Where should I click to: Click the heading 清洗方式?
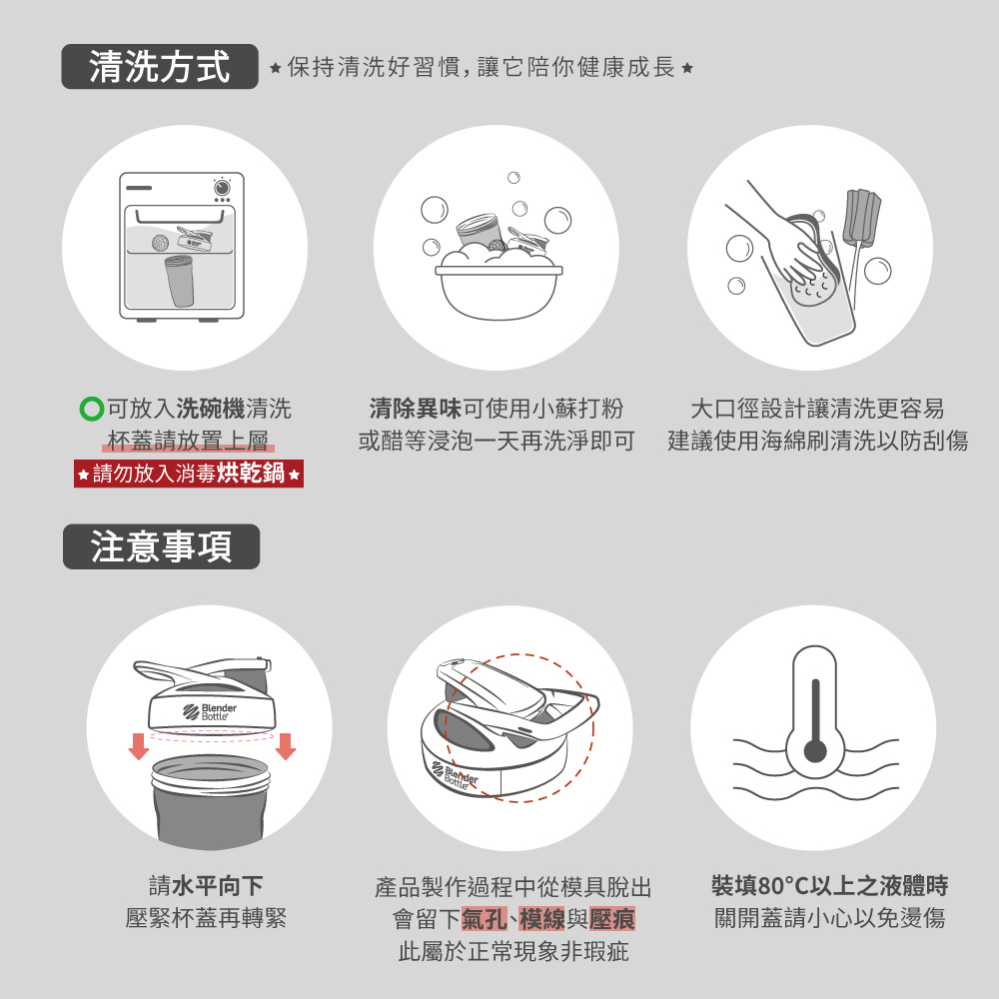[x=159, y=66]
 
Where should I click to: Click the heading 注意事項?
[x=161, y=546]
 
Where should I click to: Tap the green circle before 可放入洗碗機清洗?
[x=92, y=409]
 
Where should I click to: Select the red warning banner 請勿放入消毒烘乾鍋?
[x=189, y=474]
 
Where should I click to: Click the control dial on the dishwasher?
[x=222, y=188]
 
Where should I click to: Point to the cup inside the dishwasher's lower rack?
[x=180, y=281]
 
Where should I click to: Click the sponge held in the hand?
[x=810, y=288]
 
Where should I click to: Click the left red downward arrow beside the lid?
[x=138, y=746]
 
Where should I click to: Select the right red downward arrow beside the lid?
[x=286, y=746]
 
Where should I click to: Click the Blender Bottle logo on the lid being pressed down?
[x=210, y=711]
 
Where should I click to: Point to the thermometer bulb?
[x=815, y=750]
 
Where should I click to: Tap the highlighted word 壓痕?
[x=612, y=919]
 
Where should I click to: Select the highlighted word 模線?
[x=542, y=919]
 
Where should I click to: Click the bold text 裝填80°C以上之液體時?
[x=829, y=885]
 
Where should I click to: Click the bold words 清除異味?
[x=416, y=409]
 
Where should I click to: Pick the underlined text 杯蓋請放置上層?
[x=188, y=441]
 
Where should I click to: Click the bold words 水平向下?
[x=217, y=885]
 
